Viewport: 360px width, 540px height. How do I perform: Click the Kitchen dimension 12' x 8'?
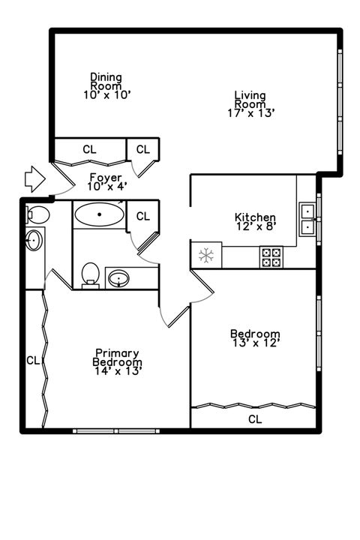[255, 227]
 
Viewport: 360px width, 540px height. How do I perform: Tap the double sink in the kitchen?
[307, 217]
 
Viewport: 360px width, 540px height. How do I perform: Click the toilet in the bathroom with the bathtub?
[91, 274]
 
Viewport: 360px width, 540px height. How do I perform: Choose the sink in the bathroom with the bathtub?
[119, 279]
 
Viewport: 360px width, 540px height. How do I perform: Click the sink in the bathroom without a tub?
[34, 241]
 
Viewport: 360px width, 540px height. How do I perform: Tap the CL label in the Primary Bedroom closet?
[32, 361]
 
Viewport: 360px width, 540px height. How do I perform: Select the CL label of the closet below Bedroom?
[255, 419]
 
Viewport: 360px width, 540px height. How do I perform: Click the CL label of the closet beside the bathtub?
[142, 216]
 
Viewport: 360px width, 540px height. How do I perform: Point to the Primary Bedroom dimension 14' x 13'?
[117, 370]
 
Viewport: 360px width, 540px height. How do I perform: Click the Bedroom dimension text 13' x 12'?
[255, 343]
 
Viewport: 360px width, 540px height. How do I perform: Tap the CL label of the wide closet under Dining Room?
[89, 149]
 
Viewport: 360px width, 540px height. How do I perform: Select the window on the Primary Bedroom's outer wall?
[116, 431]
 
